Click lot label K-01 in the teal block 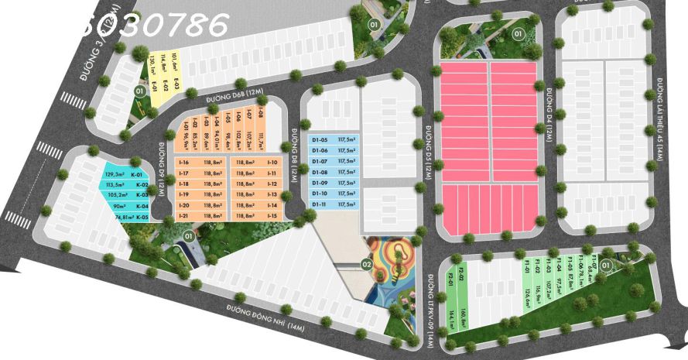pyautogui.click(x=142, y=176)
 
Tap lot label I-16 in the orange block pyautogui.click(x=183, y=163)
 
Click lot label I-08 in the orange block pyautogui.click(x=261, y=117)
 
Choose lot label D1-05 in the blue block pyautogui.click(x=320, y=139)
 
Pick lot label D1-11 pyautogui.click(x=320, y=204)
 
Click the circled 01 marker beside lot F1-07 pyautogui.click(x=606, y=266)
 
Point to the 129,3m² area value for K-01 pyautogui.click(x=115, y=176)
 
